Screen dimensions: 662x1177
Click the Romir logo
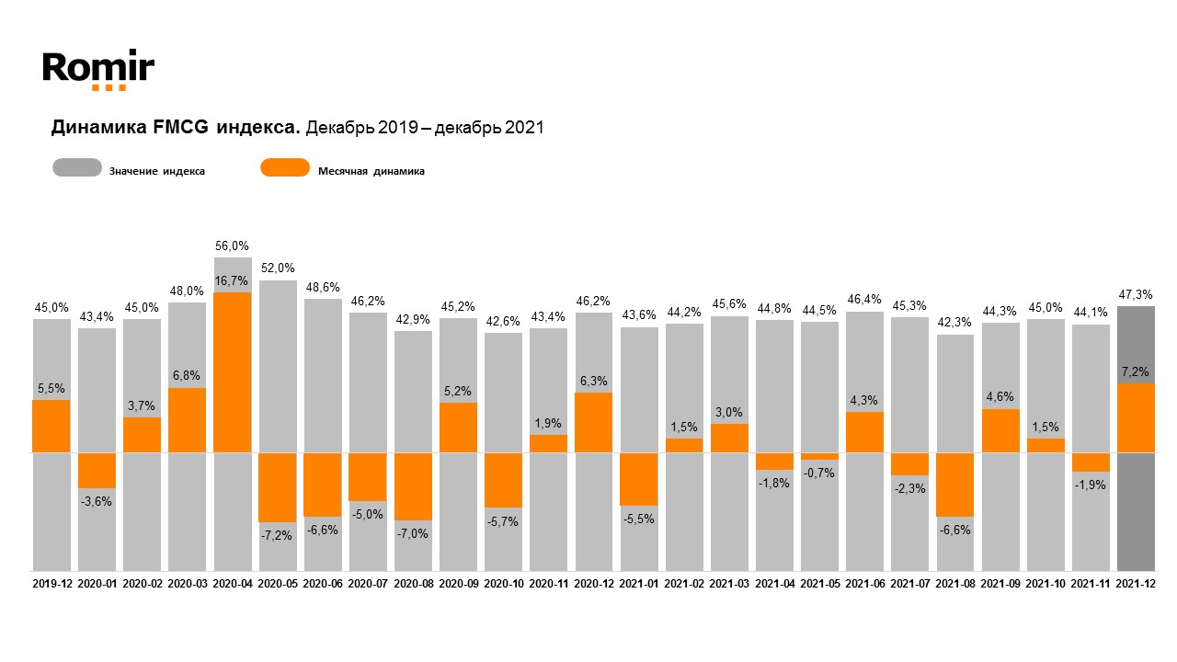point(98,69)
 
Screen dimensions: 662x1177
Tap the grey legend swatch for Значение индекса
point(77,168)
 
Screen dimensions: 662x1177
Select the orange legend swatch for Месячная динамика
point(285,168)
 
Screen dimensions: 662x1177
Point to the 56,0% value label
point(233,245)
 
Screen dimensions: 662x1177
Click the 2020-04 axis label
point(233,584)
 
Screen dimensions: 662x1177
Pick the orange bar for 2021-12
point(1136,417)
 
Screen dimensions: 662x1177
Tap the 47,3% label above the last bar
point(1136,294)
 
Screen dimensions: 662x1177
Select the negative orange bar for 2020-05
point(278,487)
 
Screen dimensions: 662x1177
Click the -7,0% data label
point(413,533)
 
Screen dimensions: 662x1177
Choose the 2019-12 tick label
point(51,584)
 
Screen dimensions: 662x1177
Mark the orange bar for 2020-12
point(593,423)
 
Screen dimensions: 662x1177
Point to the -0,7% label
point(818,473)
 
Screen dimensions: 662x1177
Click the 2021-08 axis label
point(954,584)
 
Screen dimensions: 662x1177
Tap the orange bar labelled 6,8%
point(188,420)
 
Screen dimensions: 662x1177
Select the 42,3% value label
point(954,323)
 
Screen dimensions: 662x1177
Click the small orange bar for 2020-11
point(548,443)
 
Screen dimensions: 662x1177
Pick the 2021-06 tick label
point(864,584)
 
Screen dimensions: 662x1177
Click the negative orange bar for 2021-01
point(638,479)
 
